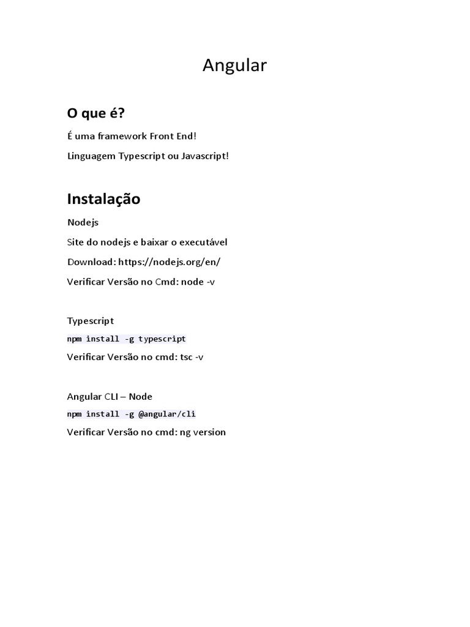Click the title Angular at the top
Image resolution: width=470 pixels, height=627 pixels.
point(234,66)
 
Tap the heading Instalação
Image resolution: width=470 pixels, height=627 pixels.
point(103,199)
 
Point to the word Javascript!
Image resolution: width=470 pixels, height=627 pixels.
point(205,156)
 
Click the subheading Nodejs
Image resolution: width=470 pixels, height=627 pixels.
point(83,223)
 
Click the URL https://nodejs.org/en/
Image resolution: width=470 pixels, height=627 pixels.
point(169,262)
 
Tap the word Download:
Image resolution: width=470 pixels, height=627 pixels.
point(91,262)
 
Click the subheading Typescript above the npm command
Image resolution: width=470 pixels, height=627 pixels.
point(91,321)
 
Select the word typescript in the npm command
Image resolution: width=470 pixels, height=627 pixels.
point(162,339)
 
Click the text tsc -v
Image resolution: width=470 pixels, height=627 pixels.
point(192,357)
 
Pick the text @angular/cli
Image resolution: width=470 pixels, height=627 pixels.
point(167,414)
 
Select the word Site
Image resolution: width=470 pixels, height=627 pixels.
point(75,242)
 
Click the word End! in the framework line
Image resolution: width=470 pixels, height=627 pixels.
point(185,136)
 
